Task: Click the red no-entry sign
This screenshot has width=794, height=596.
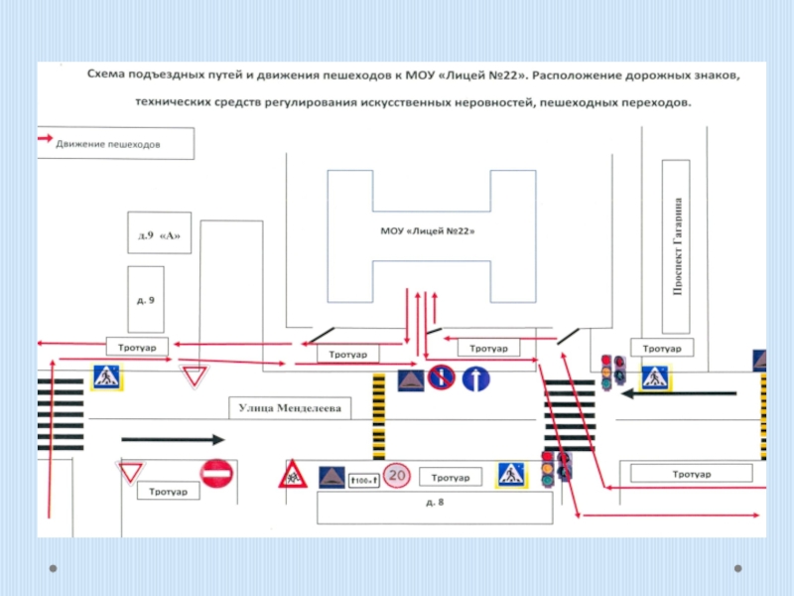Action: (216, 474)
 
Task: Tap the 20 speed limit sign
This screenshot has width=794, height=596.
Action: (396, 476)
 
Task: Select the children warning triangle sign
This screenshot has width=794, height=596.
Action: (293, 475)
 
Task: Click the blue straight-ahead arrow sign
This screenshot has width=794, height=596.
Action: (476, 378)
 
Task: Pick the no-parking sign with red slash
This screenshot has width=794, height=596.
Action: (441, 377)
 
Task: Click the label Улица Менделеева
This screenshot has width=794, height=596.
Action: (290, 408)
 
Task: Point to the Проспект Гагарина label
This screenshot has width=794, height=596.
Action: (677, 246)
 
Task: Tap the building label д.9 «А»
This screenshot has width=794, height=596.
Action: (159, 235)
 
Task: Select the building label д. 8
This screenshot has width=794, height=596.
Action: (435, 503)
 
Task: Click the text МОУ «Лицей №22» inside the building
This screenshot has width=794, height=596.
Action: (428, 231)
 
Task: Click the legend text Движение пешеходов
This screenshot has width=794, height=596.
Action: (108, 144)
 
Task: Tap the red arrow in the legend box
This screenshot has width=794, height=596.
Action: (45, 138)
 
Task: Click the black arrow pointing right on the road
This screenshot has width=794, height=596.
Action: (173, 439)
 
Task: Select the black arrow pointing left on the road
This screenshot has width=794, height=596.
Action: (679, 393)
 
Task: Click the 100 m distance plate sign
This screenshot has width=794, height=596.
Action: (364, 480)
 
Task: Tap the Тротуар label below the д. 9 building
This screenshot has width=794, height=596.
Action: (137, 348)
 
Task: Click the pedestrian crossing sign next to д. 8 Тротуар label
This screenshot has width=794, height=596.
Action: (511, 475)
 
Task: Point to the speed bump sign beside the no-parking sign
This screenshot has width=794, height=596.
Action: (411, 380)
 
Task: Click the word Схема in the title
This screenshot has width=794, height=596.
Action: (106, 74)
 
